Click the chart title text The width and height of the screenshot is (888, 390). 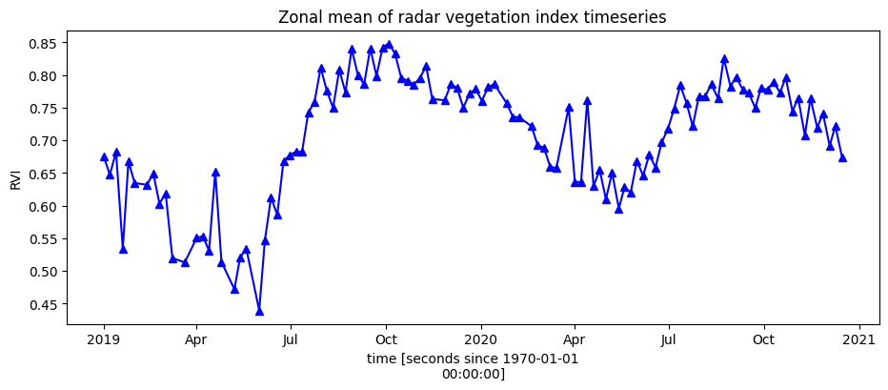coord(472,17)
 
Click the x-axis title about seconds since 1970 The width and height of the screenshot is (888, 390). coord(473,366)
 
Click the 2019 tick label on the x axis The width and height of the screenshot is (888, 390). coord(104,339)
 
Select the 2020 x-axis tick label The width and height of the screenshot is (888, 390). coord(480,339)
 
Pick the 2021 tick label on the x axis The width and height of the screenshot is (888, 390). coord(859,339)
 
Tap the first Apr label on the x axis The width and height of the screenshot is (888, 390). coord(196,339)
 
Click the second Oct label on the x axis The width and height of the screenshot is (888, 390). coord(763,339)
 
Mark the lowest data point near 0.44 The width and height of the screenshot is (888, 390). coord(259,311)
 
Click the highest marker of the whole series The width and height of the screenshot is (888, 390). coord(389,45)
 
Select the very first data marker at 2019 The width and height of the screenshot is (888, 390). coord(104,156)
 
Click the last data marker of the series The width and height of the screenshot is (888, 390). coord(842,157)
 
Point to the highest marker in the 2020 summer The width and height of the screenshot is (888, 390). coord(724,58)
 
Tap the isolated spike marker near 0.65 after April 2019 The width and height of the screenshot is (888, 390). coord(215,173)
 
